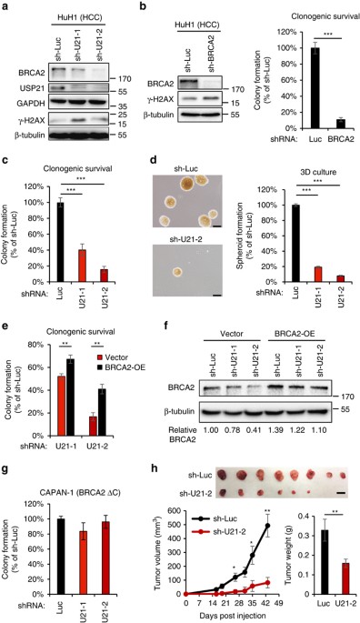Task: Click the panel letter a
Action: (x=6, y=8)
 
